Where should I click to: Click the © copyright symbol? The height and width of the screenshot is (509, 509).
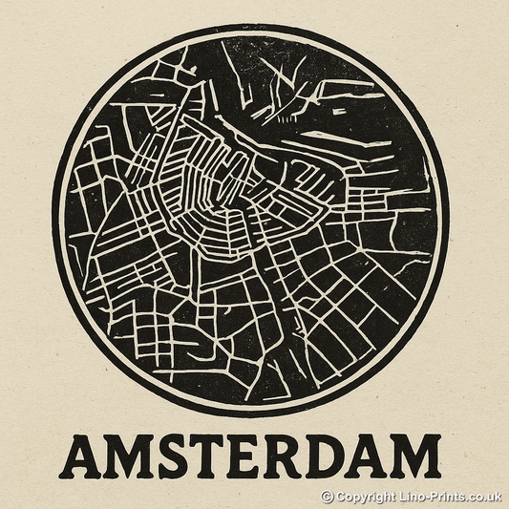tap(327, 497)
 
